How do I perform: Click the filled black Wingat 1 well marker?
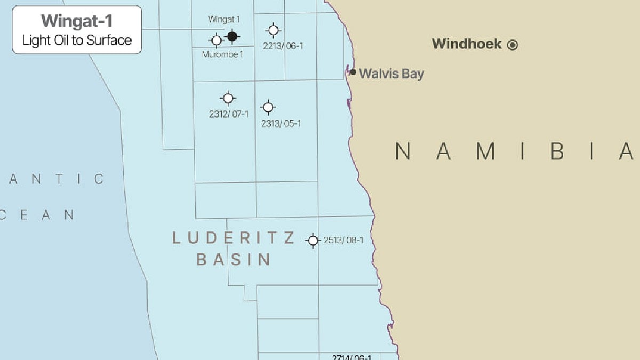coord(232,36)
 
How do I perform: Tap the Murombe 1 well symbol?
coord(217,40)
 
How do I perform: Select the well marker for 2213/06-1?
coord(274,30)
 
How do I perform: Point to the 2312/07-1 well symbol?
coord(228,98)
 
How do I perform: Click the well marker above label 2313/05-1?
coord(268,107)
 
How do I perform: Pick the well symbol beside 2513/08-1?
coord(313,241)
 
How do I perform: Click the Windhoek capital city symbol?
coord(513,45)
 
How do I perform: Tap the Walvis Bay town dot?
coord(353,72)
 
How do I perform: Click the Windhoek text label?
coord(467,44)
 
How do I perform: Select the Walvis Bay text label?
coord(391,74)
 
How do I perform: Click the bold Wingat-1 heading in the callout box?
coord(77,21)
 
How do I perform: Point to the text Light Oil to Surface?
coord(77,40)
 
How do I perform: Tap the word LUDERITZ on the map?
coord(233,238)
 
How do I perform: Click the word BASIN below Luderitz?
coord(234,260)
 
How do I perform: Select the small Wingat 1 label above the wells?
coord(223,19)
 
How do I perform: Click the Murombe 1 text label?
coord(222,54)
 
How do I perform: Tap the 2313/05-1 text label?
coord(281,124)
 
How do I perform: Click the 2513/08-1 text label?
coord(343,241)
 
